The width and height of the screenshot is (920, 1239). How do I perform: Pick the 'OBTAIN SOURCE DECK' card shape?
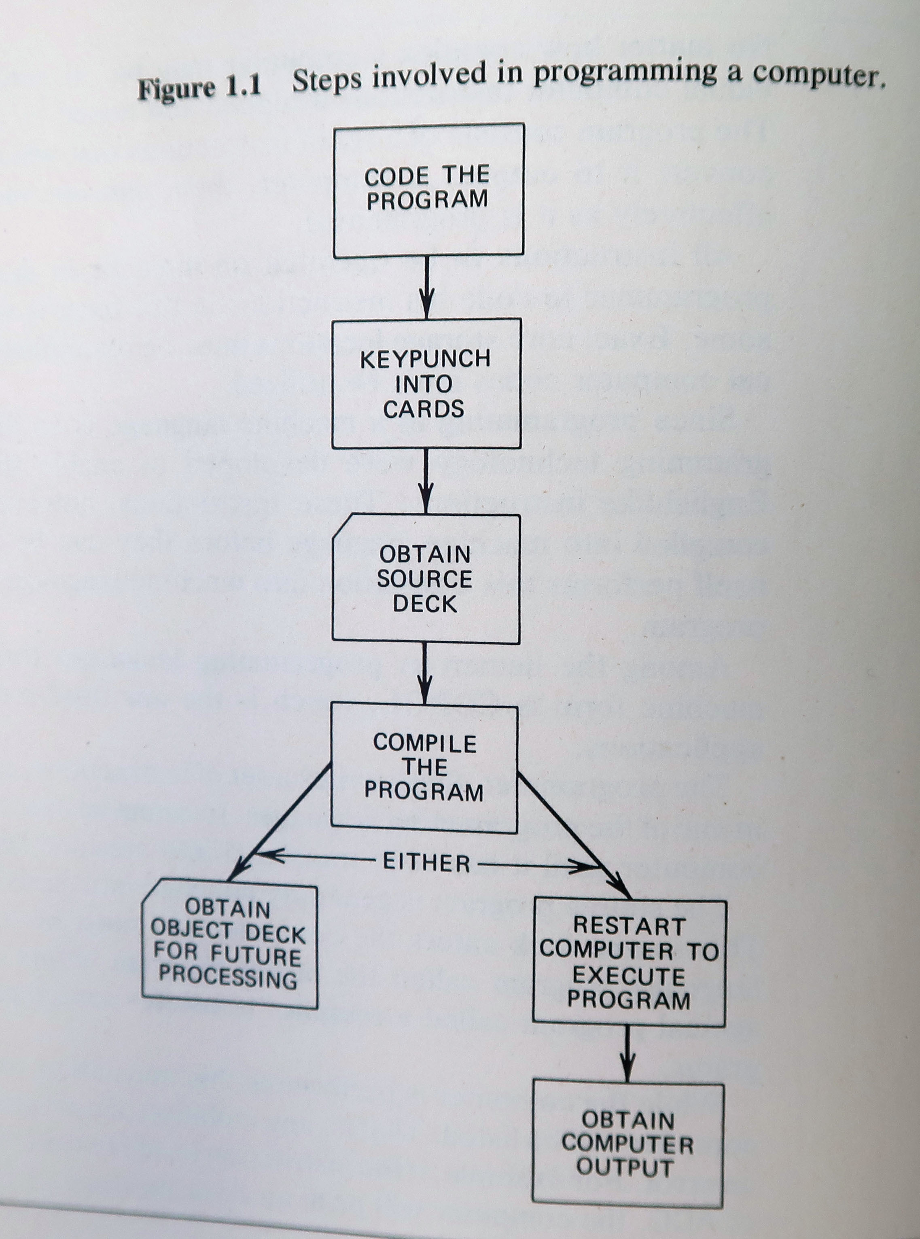[426, 579]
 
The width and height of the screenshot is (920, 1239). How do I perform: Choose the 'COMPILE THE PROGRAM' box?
[424, 769]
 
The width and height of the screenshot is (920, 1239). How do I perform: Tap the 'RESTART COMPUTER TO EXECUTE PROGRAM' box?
[629, 964]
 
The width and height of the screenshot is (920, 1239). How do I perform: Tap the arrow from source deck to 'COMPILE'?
[425, 674]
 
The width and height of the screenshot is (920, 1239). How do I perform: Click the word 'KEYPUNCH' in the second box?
[426, 359]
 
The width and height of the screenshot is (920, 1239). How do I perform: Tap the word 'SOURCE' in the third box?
[424, 579]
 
